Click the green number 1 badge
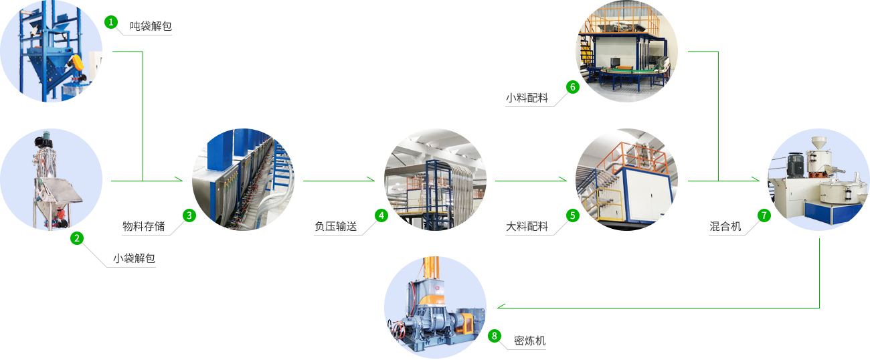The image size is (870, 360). [x=110, y=22]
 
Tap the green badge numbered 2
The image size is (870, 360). [x=76, y=238]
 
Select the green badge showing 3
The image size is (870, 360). [x=189, y=215]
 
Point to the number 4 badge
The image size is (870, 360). [x=381, y=215]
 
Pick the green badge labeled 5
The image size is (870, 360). [x=572, y=215]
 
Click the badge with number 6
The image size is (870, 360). [x=572, y=86]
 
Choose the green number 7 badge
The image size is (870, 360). [x=764, y=215]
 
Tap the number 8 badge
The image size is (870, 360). [x=495, y=335]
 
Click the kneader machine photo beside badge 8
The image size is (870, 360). [x=434, y=306]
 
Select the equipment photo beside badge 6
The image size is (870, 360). [x=626, y=51]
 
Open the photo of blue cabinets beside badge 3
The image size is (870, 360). [x=242, y=179]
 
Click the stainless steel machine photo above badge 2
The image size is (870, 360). [x=52, y=179]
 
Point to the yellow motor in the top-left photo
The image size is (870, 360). [x=79, y=62]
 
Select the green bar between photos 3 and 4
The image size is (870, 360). [x=339, y=179]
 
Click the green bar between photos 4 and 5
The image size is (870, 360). [x=531, y=179]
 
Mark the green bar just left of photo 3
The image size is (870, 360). [x=147, y=179]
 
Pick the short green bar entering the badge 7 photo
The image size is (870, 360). [x=749, y=179]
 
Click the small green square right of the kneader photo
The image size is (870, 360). [x=501, y=306]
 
